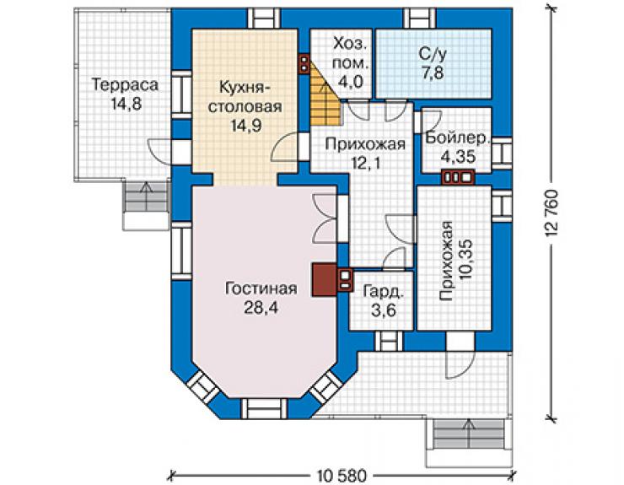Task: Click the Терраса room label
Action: (x=125, y=85)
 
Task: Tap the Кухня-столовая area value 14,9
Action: (x=245, y=126)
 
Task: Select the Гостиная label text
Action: (x=261, y=288)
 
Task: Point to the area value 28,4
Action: (x=261, y=307)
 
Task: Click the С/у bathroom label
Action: (x=433, y=54)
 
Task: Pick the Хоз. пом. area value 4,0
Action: (x=351, y=82)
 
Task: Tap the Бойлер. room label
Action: (x=457, y=137)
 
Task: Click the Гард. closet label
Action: (x=383, y=292)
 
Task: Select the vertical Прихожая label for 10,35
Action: (x=446, y=261)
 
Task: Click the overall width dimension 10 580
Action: (x=342, y=475)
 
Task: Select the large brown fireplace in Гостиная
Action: (x=325, y=280)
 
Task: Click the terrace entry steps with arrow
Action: (x=146, y=205)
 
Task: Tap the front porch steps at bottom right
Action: (x=469, y=441)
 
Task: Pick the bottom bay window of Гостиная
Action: (x=264, y=408)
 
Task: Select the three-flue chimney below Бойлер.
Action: (x=458, y=178)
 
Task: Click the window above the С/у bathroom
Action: (x=419, y=18)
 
